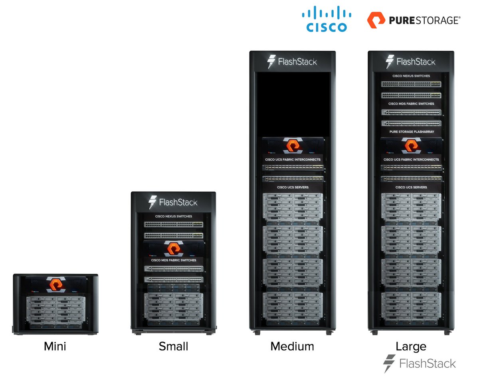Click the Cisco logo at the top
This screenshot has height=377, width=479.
pyautogui.click(x=327, y=20)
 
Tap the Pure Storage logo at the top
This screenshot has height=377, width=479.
pyautogui.click(x=414, y=20)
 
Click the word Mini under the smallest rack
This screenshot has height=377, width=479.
pyautogui.click(x=55, y=346)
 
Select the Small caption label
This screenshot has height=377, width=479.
pyautogui.click(x=173, y=346)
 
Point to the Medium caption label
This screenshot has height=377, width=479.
pyautogui.click(x=292, y=346)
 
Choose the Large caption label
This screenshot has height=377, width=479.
pyautogui.click(x=411, y=346)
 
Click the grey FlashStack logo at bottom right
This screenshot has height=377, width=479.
pyautogui.click(x=419, y=363)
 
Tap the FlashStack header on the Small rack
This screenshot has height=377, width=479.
pyautogui.click(x=173, y=202)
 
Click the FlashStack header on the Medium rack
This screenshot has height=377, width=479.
pyautogui.click(x=292, y=62)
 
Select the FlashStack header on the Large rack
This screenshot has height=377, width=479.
pyautogui.click(x=411, y=62)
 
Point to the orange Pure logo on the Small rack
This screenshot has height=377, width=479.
pyautogui.click(x=173, y=249)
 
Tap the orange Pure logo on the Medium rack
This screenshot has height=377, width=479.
pyautogui.click(x=292, y=146)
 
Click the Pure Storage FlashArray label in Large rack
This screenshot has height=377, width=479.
pyautogui.click(x=411, y=132)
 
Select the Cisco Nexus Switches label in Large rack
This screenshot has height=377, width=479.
pyautogui.click(x=411, y=76)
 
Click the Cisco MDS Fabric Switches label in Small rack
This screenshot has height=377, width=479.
pyautogui.click(x=173, y=260)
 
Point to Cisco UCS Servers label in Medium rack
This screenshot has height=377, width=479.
pyautogui.click(x=292, y=187)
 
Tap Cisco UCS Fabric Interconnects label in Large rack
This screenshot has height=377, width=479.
pyautogui.click(x=411, y=160)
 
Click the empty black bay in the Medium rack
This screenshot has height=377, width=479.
pyautogui.click(x=292, y=104)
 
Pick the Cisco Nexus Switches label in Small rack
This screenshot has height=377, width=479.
pyautogui.click(x=173, y=216)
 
